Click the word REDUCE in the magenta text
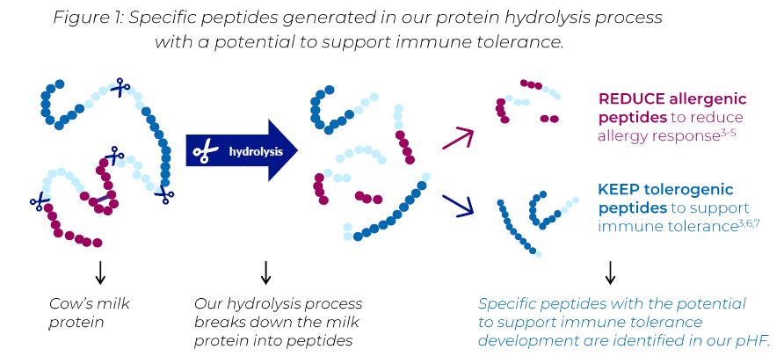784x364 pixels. (631, 99)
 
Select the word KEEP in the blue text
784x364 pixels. (616, 190)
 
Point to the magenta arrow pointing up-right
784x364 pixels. (458, 139)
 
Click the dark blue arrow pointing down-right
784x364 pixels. (458, 206)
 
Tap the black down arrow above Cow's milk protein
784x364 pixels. (100, 273)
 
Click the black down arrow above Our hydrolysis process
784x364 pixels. (265, 273)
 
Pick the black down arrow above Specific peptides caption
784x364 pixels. (609, 273)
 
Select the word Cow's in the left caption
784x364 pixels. (69, 303)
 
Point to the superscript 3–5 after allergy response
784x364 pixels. (728, 132)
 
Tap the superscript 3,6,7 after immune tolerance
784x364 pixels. (749, 222)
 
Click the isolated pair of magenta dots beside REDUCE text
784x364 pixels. (549, 119)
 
